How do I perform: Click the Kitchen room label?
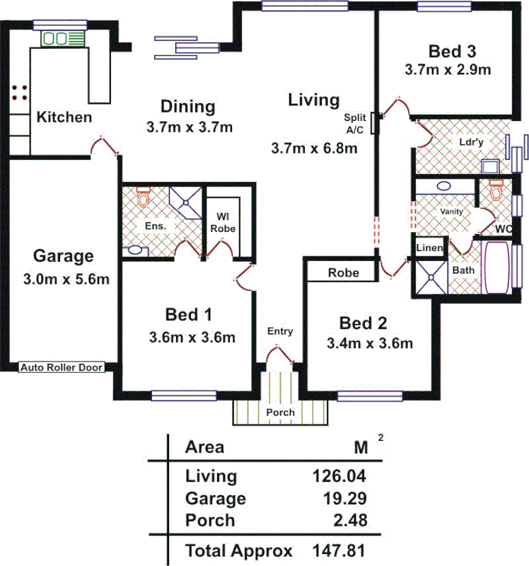(64, 117)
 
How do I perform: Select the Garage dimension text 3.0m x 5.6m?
(63, 279)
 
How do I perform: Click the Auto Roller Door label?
(62, 367)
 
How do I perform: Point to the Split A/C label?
(354, 124)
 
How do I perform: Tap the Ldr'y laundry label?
(469, 140)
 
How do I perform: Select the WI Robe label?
(223, 222)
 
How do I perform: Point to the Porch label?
(281, 412)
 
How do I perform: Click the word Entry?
(280, 331)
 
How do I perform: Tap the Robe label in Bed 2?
(344, 272)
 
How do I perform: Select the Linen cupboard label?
(429, 248)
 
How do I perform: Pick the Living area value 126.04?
(340, 475)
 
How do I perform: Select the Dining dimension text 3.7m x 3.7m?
(189, 127)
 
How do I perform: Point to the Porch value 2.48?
(352, 521)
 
